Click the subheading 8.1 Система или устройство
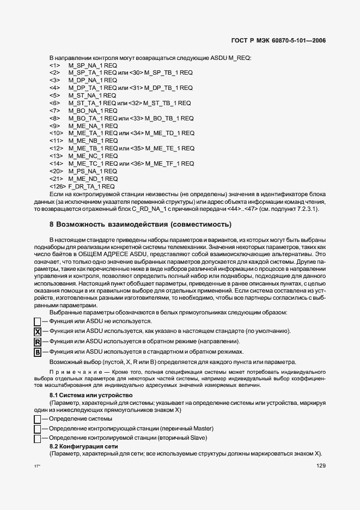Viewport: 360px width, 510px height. coord(90,394)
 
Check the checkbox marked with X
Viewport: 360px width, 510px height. coord(38,332)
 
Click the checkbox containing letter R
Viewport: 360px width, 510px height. coord(38,342)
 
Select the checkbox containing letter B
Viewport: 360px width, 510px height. coord(38,352)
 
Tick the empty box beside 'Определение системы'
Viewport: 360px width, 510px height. coord(38,419)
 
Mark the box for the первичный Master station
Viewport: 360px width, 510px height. coord(38,429)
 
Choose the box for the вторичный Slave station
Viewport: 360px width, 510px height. coord(38,438)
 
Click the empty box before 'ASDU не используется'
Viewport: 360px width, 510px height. coord(38,322)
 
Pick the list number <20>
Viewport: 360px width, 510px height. coord(54,171)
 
